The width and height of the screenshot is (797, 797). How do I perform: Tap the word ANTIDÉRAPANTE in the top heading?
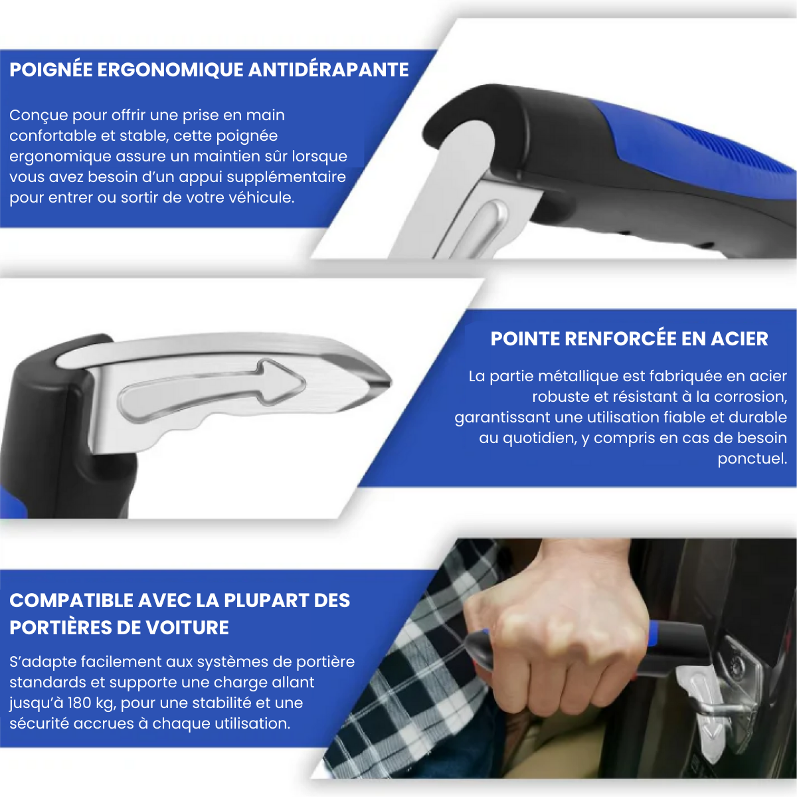click(x=328, y=70)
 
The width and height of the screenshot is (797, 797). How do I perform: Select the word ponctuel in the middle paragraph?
click(x=752, y=458)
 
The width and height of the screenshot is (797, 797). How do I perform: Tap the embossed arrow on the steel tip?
click(x=213, y=392)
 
